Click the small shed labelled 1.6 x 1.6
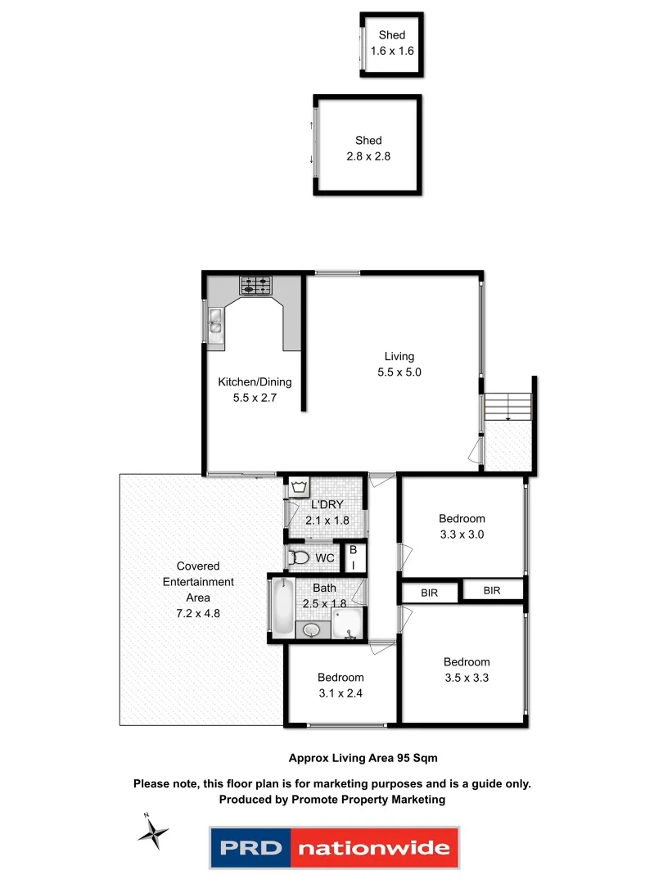pyautogui.click(x=391, y=44)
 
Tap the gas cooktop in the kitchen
pyautogui.click(x=255, y=286)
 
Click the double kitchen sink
pyautogui.click(x=215, y=323)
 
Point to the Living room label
pyautogui.click(x=399, y=357)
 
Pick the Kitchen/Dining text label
pyautogui.click(x=255, y=382)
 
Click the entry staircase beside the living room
pyautogui.click(x=508, y=406)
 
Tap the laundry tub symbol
pyautogui.click(x=298, y=488)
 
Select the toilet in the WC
pyautogui.click(x=300, y=558)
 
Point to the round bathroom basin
pyautogui.click(x=311, y=630)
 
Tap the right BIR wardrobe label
pyautogui.click(x=492, y=590)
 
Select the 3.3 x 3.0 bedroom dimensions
pyautogui.click(x=462, y=534)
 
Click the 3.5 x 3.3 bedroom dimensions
pyautogui.click(x=467, y=678)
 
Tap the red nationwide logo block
pyautogui.click(x=372, y=848)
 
